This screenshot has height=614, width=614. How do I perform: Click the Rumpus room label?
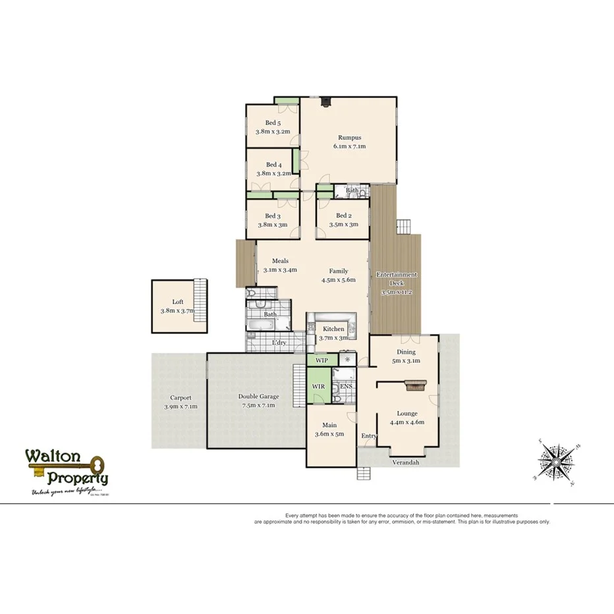[x=349, y=138]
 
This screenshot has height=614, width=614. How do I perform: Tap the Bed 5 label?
[x=273, y=123]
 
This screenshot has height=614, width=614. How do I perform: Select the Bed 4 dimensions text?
[x=273, y=174]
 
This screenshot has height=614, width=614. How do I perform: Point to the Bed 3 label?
[x=273, y=216]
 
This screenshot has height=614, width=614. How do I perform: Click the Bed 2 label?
[x=343, y=215]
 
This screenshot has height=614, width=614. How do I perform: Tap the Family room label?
[x=339, y=271]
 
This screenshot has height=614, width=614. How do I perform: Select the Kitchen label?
[x=333, y=329]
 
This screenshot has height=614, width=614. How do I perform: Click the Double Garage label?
[x=258, y=397]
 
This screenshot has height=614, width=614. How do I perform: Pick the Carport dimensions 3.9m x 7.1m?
[x=180, y=406]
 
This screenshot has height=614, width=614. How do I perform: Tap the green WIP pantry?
[x=321, y=360]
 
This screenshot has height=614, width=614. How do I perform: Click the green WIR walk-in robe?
[x=318, y=385]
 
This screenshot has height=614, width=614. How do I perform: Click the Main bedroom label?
[x=329, y=425]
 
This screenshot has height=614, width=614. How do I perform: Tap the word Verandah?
[x=406, y=462]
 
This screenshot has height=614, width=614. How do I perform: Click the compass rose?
[x=555, y=462]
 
